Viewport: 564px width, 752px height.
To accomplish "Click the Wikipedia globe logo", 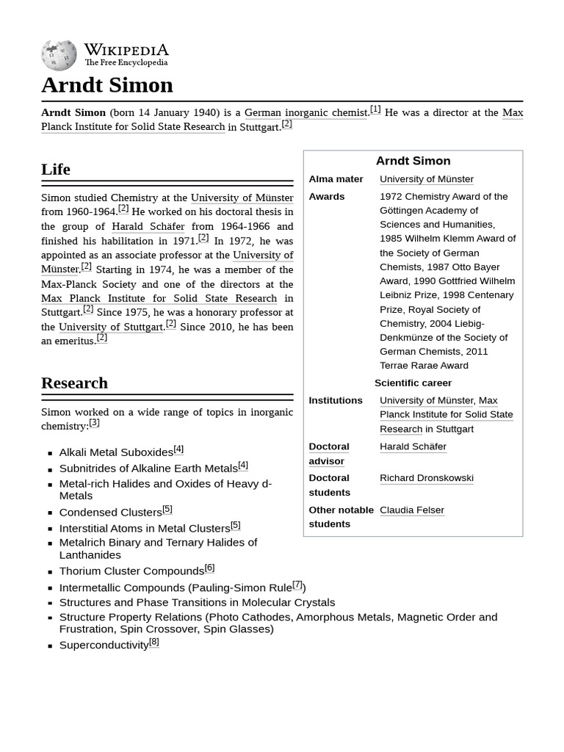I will click(59, 55).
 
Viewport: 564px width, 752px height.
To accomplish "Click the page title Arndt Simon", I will click(107, 85).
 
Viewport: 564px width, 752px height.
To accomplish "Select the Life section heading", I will click(56, 169).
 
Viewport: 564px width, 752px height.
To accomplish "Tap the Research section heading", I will click(74, 383).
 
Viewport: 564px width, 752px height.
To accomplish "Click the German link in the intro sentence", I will click(262, 112).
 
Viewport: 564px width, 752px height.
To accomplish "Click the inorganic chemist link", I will click(325, 112).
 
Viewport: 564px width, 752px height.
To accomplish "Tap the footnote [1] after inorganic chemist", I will click(375, 109).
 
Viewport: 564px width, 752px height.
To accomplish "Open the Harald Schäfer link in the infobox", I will click(413, 446).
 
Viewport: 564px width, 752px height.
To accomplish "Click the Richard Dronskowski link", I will click(426, 478).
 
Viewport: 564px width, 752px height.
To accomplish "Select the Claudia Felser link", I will click(411, 510).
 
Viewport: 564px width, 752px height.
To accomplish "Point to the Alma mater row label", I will click(336, 179).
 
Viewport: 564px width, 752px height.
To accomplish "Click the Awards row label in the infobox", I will click(327, 197).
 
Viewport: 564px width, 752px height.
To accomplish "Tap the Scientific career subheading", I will click(413, 383).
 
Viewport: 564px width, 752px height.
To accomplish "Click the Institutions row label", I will click(335, 400).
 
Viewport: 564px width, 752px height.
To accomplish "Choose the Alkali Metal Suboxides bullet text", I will click(116, 452).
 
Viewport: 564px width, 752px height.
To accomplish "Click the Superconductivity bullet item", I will click(104, 645).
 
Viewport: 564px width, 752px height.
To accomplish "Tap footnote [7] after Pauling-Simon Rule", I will click(297, 585).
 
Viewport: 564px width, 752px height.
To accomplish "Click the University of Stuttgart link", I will click(111, 327).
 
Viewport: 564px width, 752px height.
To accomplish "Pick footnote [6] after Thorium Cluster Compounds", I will click(209, 568).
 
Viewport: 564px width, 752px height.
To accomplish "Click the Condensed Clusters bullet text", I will click(110, 513).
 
